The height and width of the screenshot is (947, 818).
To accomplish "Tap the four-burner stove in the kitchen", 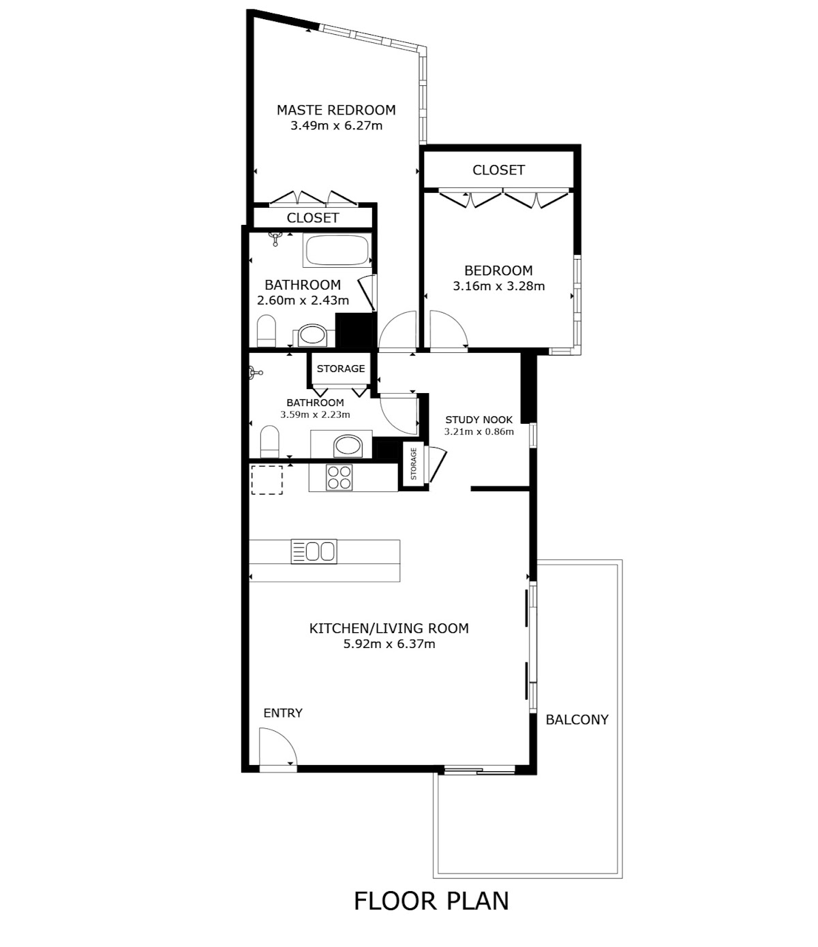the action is [x=339, y=478].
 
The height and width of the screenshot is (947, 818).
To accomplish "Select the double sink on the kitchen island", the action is [x=314, y=551].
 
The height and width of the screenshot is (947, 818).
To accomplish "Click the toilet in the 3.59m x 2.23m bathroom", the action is [x=269, y=441].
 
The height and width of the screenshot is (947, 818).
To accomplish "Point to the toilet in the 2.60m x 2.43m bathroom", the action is [x=267, y=331].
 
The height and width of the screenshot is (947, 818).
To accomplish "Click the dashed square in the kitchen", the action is [x=267, y=480].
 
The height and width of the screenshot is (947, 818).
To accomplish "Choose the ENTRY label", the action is [x=283, y=713].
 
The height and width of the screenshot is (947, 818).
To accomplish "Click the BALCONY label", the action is [x=577, y=719].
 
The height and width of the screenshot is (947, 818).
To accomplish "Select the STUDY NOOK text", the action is [x=479, y=420].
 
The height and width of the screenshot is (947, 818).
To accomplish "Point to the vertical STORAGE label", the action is [x=414, y=464].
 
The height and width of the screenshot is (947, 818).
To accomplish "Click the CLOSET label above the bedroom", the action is [x=498, y=170].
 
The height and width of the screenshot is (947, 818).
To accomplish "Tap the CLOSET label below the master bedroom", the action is [x=313, y=217].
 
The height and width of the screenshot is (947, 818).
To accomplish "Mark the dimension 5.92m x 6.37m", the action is [x=389, y=644].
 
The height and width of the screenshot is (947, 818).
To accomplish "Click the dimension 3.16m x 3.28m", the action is [x=499, y=286].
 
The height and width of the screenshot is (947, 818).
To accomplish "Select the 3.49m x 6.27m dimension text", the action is [x=337, y=125].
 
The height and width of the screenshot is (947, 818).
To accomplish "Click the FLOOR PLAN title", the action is [x=431, y=901].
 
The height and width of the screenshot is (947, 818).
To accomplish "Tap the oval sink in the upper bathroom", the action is [x=312, y=335].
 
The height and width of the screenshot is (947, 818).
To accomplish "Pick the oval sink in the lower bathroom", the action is [x=348, y=446].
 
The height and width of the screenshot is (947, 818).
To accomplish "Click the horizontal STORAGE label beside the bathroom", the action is [x=341, y=369].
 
